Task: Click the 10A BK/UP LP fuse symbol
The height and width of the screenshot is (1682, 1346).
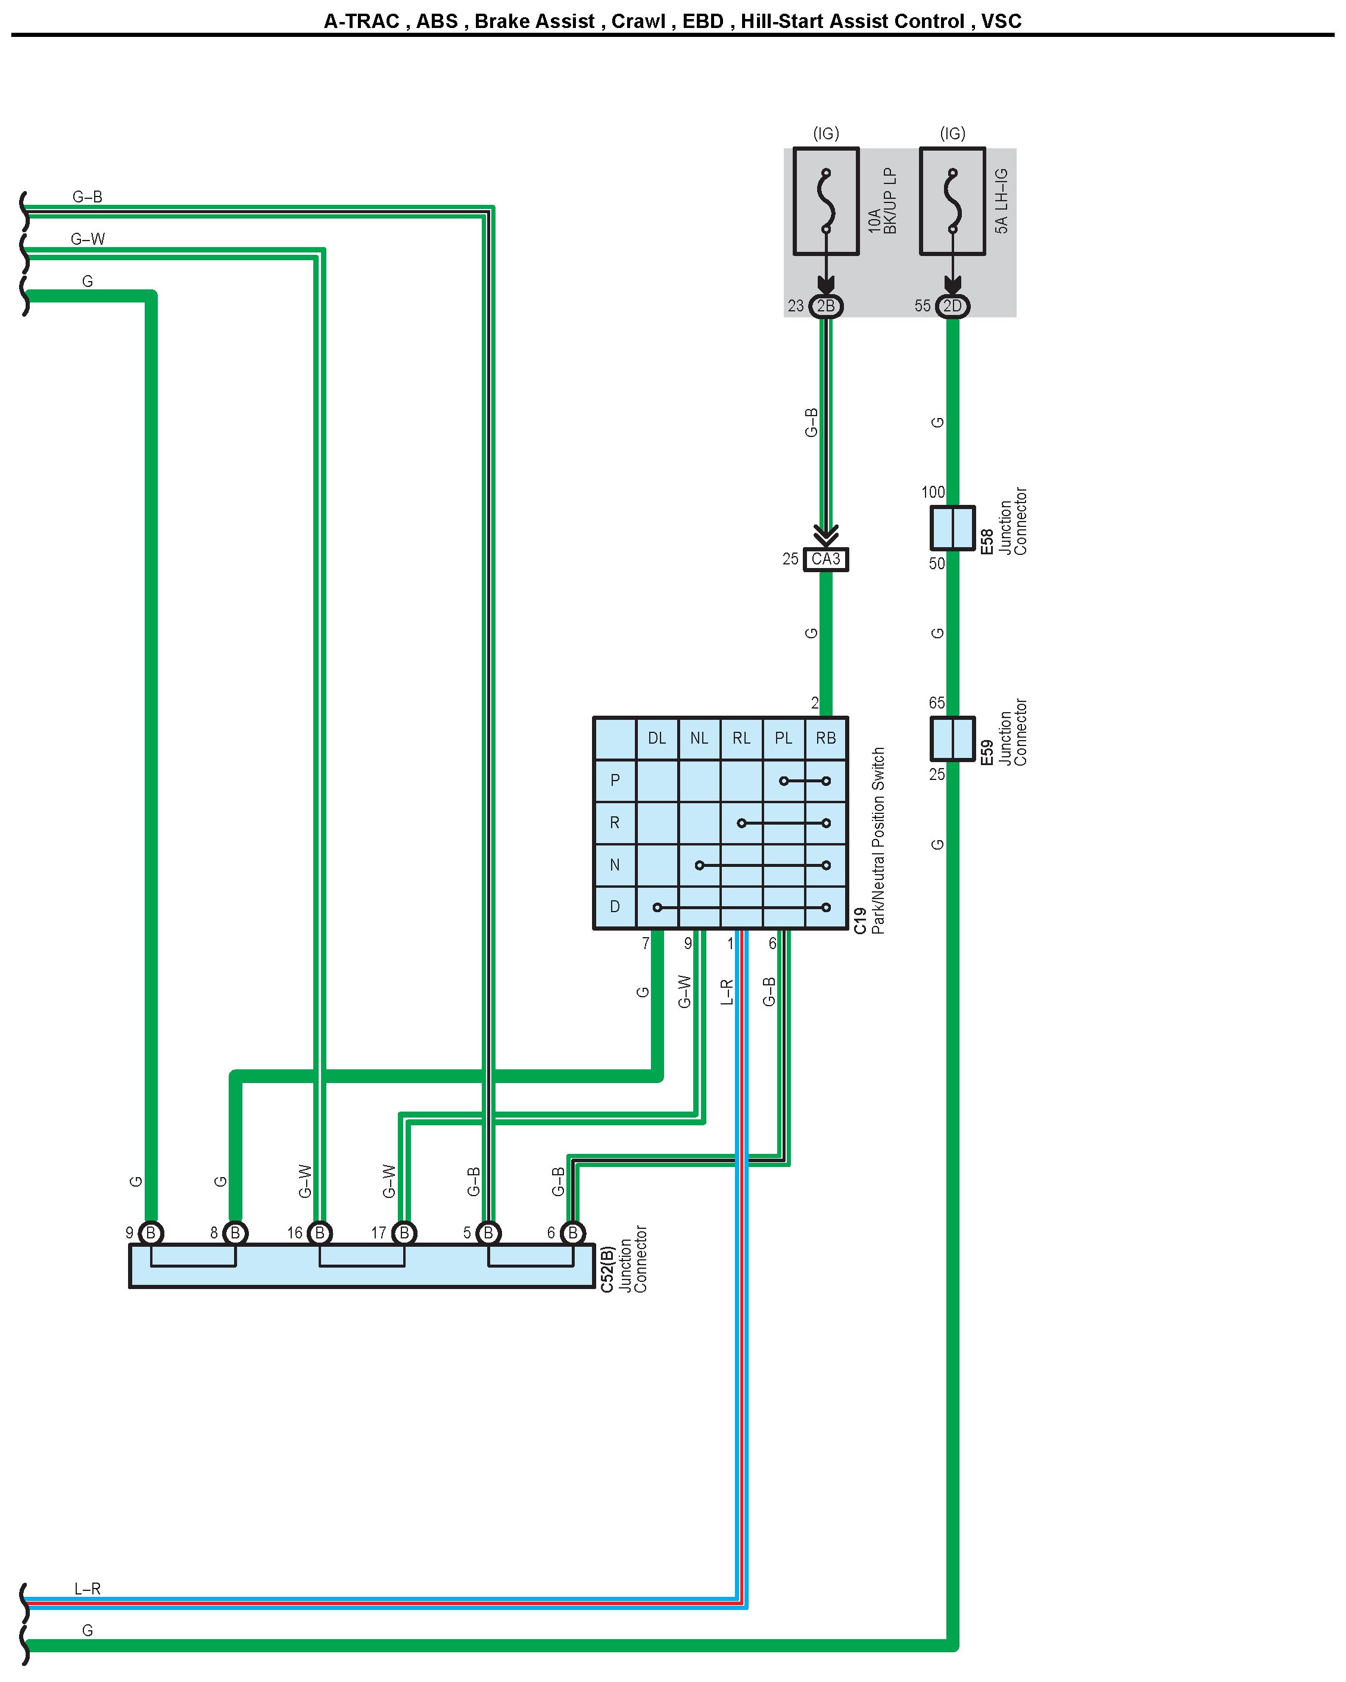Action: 825,201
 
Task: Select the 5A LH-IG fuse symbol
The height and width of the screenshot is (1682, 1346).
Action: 952,201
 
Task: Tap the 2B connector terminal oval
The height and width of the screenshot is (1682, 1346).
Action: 825,306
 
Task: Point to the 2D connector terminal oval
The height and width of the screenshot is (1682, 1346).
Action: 952,306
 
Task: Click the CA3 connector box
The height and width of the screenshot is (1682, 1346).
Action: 825,559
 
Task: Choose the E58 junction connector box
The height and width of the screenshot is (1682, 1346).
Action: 952,528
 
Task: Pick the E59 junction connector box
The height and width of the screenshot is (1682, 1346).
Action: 952,738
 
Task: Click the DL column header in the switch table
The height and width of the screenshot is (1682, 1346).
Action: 657,738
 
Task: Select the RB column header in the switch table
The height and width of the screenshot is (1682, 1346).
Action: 825,738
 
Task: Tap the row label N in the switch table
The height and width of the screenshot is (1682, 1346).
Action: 615,865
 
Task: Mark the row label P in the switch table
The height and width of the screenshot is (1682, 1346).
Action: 615,780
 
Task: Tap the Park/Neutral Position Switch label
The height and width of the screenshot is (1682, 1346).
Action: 878,840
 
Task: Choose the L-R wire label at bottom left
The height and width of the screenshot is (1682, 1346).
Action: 88,1589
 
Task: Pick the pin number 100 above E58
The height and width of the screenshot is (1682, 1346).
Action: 933,492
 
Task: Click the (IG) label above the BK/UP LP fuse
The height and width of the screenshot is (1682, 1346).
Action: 825,133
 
